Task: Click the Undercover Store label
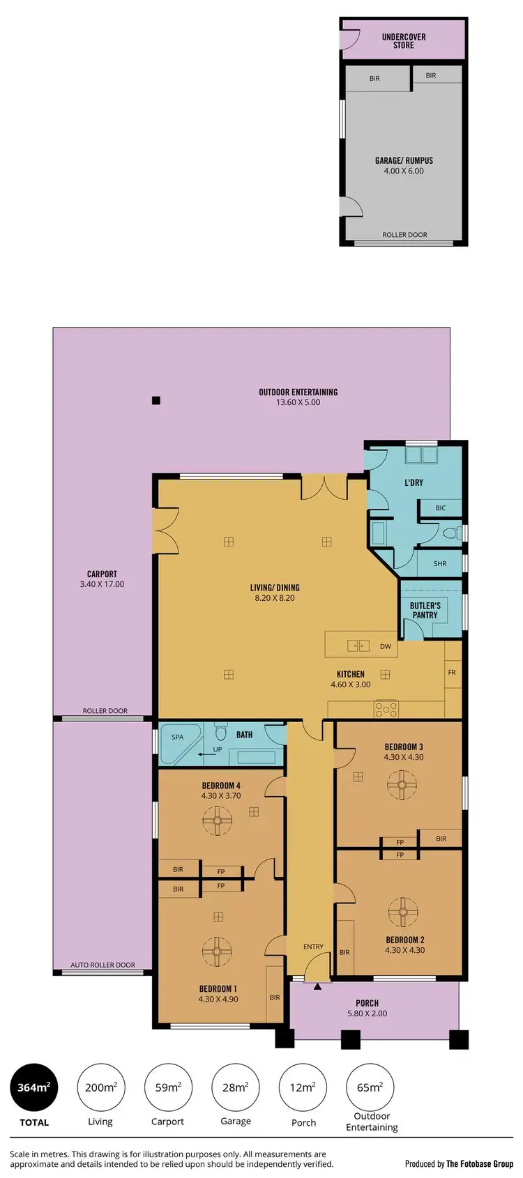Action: pos(404,41)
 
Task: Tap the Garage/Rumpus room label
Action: pos(404,165)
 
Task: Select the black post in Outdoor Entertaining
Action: pos(156,400)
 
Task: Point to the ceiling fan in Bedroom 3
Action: pos(402,786)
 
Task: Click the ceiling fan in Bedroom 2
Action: pos(402,912)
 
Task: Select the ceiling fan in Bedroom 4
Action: pos(217,820)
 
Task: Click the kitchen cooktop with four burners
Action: pos(386,710)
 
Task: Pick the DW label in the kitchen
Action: pos(386,646)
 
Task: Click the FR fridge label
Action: pos(452,673)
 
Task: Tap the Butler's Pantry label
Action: pos(425,611)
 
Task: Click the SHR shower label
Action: pos(440,563)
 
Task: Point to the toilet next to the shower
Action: pos(450,533)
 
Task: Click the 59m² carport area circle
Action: pos(167,1087)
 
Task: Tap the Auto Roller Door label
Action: pos(103,965)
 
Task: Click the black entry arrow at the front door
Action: pos(317,986)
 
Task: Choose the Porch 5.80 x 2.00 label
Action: pos(367,1009)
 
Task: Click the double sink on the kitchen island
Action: pos(358,646)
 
